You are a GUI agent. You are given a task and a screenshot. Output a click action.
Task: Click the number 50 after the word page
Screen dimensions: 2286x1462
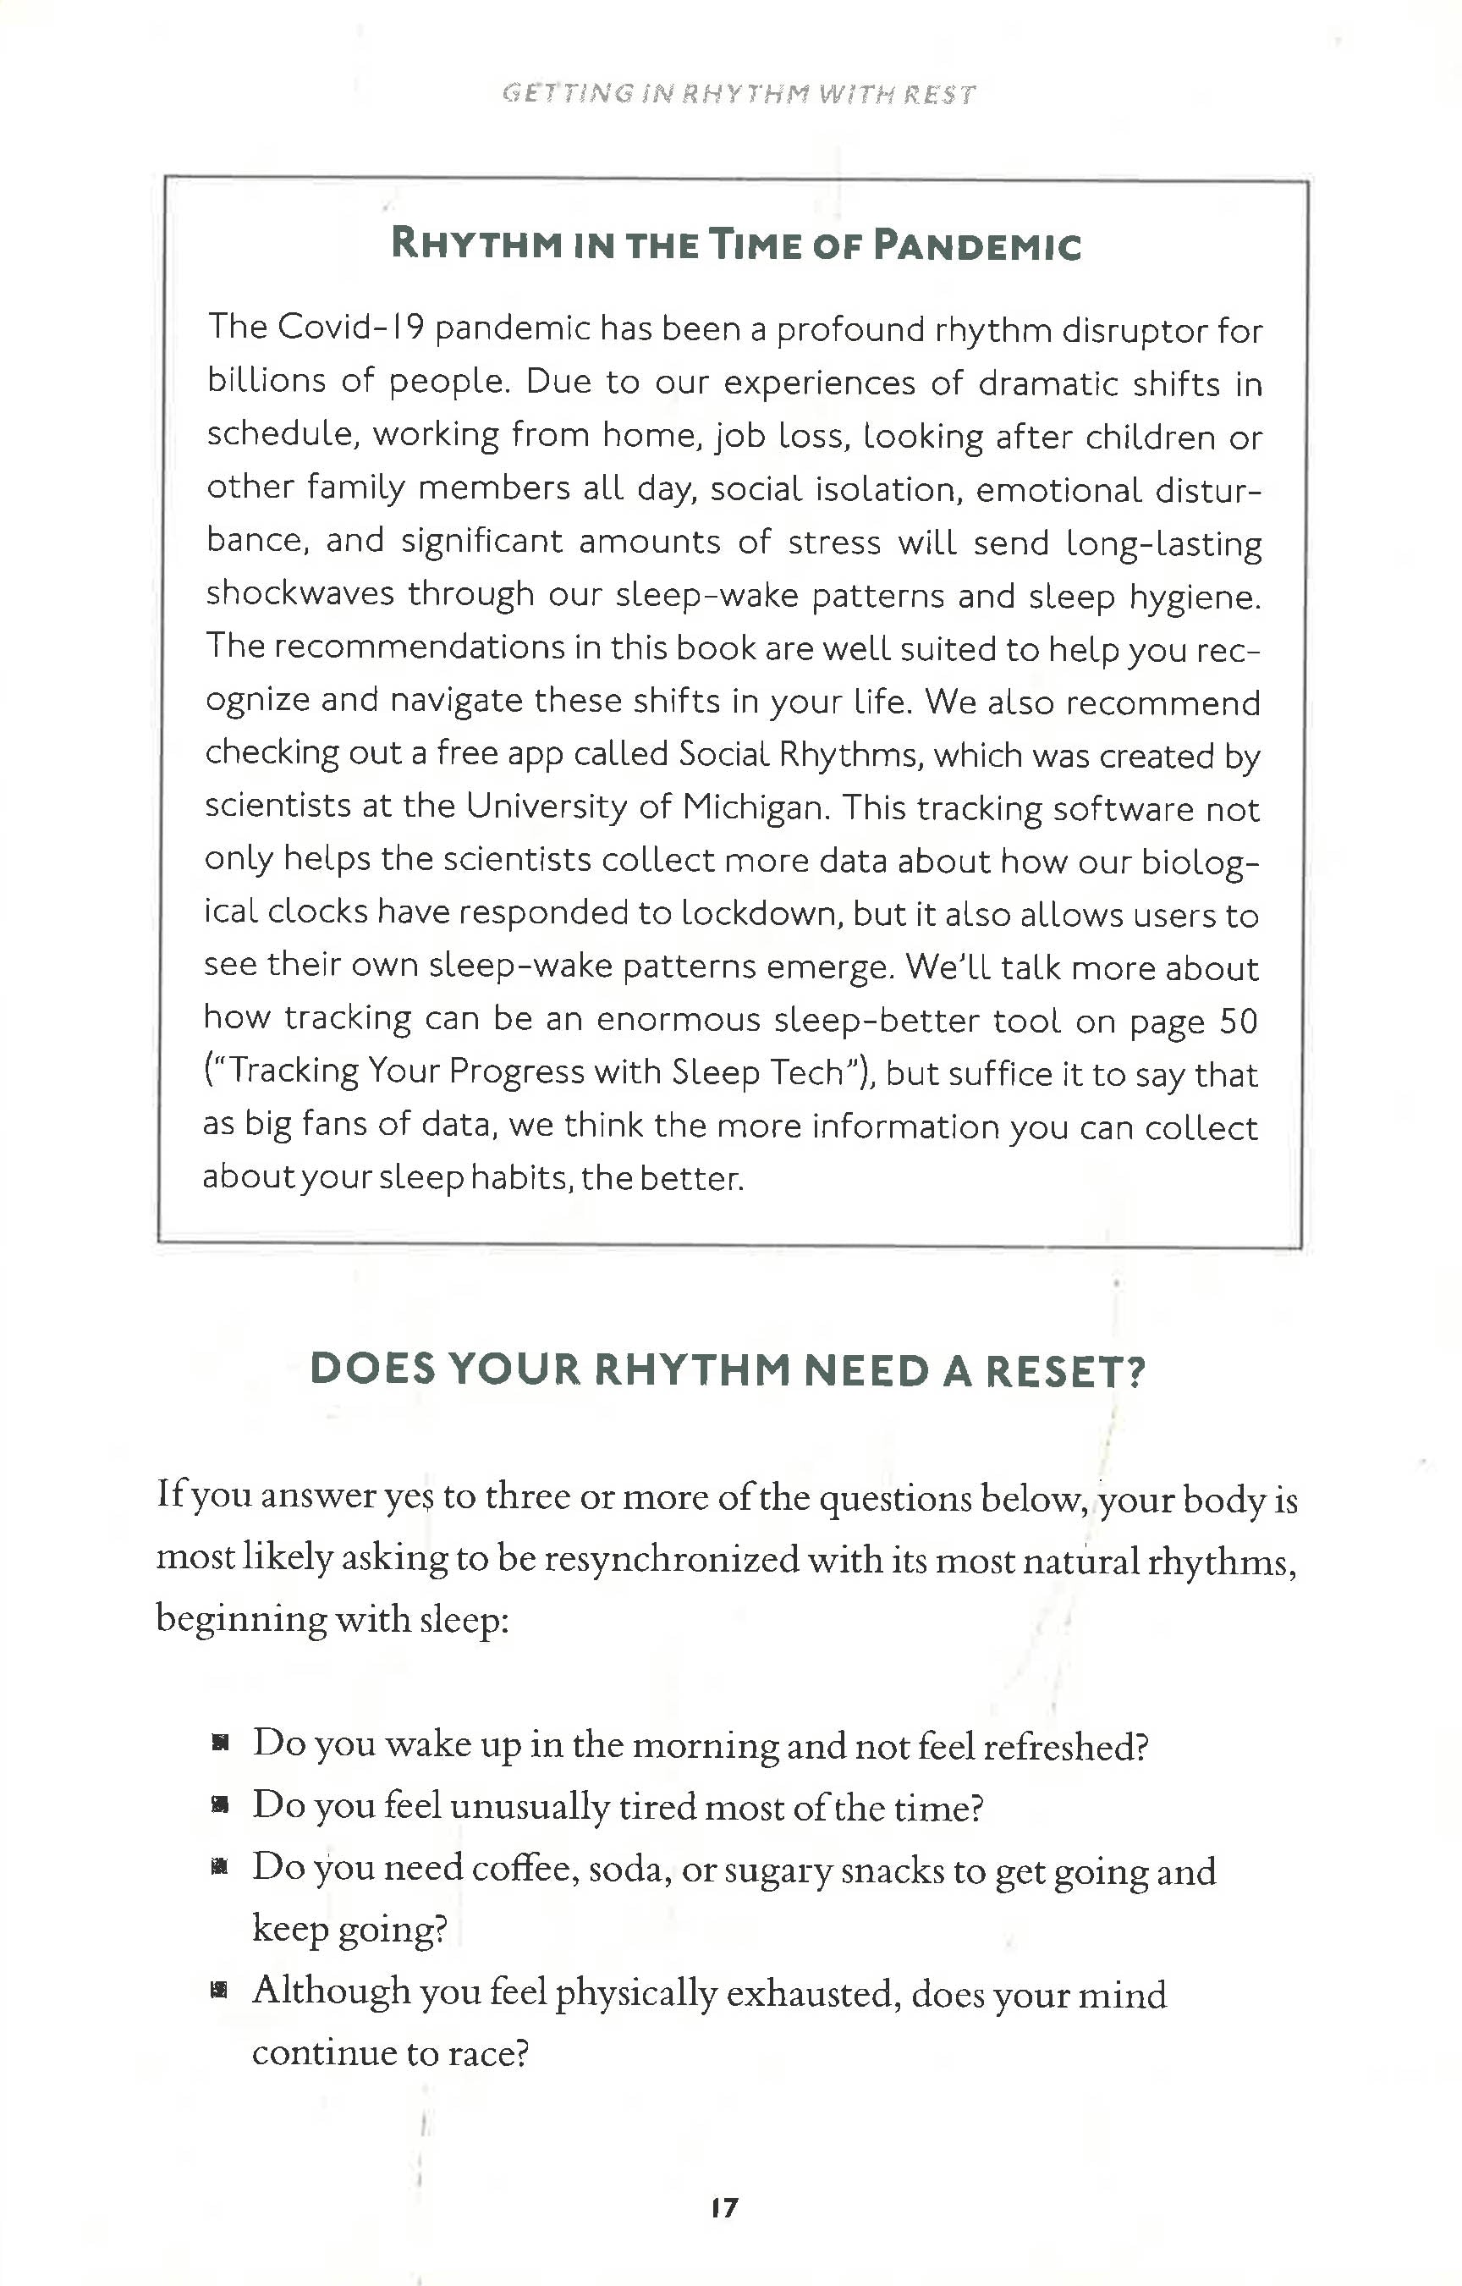(x=1238, y=1021)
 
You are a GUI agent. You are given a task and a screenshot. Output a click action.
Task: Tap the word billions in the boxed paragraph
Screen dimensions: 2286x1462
(x=266, y=381)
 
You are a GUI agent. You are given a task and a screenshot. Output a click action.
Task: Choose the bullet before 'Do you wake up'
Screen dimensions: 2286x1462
(x=220, y=1743)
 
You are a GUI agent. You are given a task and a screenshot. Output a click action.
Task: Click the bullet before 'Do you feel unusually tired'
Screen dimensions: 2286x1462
(x=220, y=1805)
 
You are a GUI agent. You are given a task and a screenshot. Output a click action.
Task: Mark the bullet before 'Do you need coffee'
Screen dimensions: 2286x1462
(x=220, y=1868)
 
